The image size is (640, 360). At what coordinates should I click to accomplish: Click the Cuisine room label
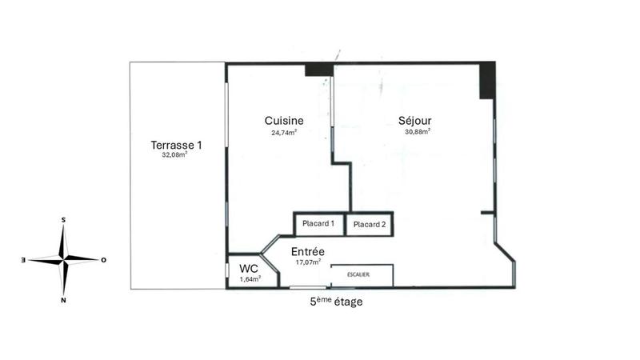click(285, 121)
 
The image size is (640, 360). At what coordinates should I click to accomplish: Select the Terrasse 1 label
click(176, 146)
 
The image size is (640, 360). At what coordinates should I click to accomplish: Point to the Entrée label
click(307, 251)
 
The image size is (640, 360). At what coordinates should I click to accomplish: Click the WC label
click(250, 268)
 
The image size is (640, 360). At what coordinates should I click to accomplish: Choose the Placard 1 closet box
click(318, 224)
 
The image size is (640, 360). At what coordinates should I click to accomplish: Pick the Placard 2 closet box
click(370, 225)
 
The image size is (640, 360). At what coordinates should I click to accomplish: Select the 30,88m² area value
click(418, 132)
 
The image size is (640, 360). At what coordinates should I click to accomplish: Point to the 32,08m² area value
click(174, 156)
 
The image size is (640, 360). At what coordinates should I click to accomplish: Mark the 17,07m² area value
click(307, 262)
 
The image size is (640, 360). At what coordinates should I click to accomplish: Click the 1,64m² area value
click(250, 279)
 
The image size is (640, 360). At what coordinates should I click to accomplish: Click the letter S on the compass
click(63, 218)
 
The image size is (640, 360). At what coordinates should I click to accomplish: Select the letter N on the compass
click(63, 300)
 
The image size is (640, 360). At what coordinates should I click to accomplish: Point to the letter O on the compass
click(104, 260)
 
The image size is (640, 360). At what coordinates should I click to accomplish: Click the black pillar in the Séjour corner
click(486, 80)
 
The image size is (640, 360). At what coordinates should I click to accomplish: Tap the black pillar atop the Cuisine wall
click(319, 69)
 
